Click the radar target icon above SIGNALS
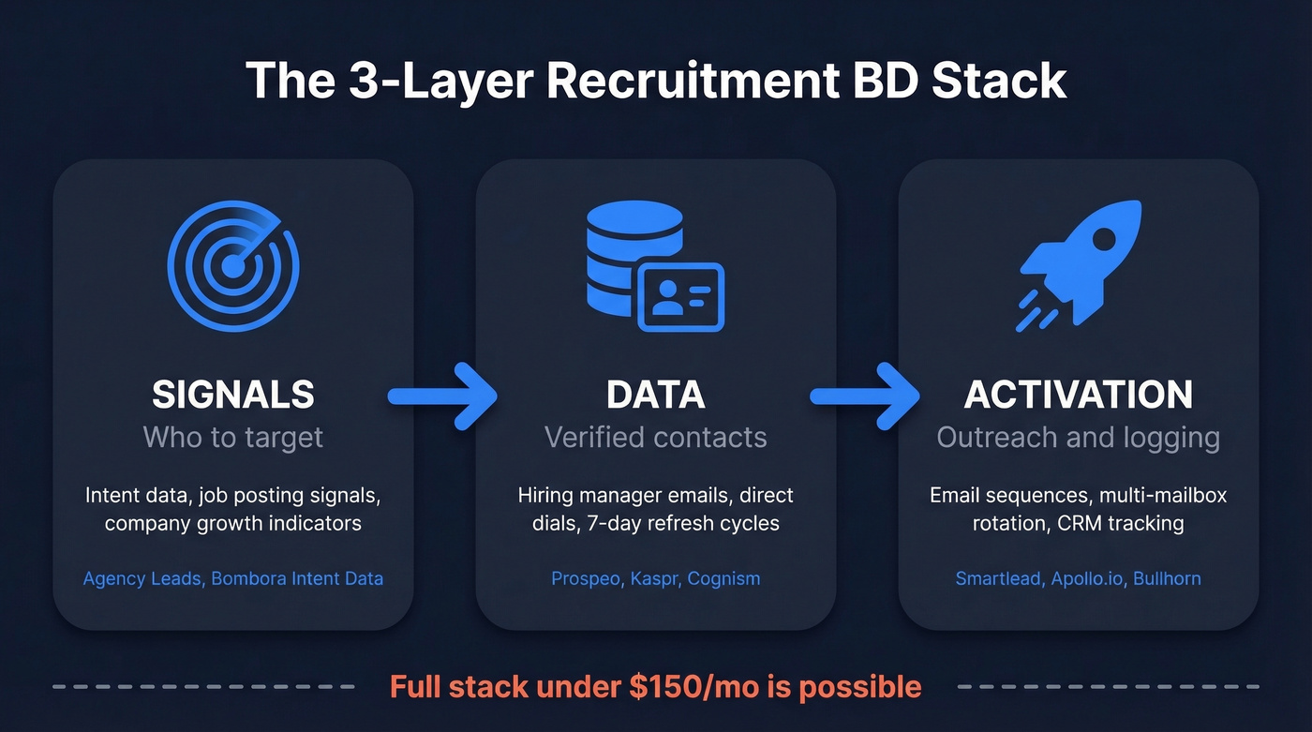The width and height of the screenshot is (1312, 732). pos(232,266)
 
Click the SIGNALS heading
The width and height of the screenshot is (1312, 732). pos(233,395)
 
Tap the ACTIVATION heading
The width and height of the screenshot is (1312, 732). pos(1079,395)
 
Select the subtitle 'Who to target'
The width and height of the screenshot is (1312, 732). pos(233,437)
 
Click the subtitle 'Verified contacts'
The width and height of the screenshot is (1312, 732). pos(656,437)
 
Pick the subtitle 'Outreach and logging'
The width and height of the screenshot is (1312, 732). pos(1079,437)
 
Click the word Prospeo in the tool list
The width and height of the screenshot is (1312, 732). pos(585,578)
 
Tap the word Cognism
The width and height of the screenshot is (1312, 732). pos(723,578)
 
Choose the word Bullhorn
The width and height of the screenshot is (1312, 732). pos(1167,578)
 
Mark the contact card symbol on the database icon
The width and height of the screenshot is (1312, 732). pos(680,296)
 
